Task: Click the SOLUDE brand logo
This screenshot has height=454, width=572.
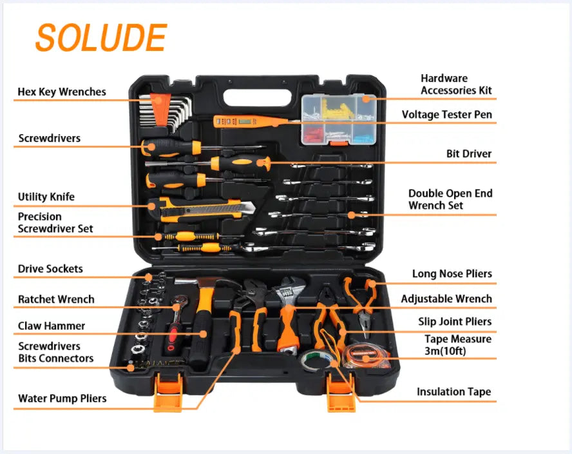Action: pyautogui.click(x=100, y=38)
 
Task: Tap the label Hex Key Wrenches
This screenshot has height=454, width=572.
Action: pyautogui.click(x=62, y=92)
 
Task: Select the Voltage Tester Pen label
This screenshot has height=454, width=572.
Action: pyautogui.click(x=446, y=115)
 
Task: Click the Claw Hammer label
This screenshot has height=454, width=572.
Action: pyautogui.click(x=52, y=326)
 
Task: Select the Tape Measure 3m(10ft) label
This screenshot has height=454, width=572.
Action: pyautogui.click(x=458, y=345)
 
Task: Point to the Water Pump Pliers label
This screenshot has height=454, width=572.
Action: pyautogui.click(x=62, y=399)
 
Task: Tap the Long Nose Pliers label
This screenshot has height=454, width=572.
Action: pyautogui.click(x=452, y=274)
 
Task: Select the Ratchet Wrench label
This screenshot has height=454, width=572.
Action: pyautogui.click(x=56, y=299)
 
